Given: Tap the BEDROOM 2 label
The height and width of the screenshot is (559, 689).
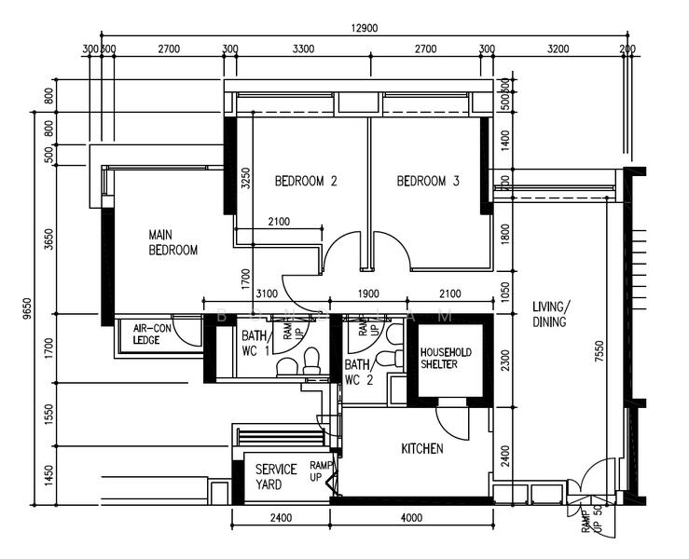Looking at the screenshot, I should click(x=305, y=182).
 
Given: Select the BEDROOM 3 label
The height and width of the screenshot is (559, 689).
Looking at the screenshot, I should click(x=428, y=182).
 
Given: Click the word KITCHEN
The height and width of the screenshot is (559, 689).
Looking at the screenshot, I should click(x=421, y=449).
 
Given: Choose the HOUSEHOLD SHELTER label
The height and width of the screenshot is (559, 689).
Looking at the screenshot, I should click(x=447, y=358).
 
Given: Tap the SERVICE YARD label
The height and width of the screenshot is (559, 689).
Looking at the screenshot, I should click(x=276, y=477).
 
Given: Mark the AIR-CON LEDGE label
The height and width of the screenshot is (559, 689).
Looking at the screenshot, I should click(x=151, y=334).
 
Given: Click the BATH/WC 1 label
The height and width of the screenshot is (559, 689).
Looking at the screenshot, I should click(x=255, y=342).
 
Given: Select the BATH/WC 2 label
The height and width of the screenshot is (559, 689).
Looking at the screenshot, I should click(x=358, y=373).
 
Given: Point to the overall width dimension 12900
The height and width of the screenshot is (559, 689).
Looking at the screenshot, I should click(x=365, y=29).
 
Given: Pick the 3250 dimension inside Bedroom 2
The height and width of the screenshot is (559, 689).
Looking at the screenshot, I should click(x=246, y=178).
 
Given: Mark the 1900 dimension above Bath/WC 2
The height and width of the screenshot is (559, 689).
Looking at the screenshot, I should click(x=368, y=294).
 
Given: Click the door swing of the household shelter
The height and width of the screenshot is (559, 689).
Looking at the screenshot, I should click(x=454, y=421).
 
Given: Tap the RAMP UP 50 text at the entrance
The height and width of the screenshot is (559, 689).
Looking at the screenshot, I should click(x=591, y=522).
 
